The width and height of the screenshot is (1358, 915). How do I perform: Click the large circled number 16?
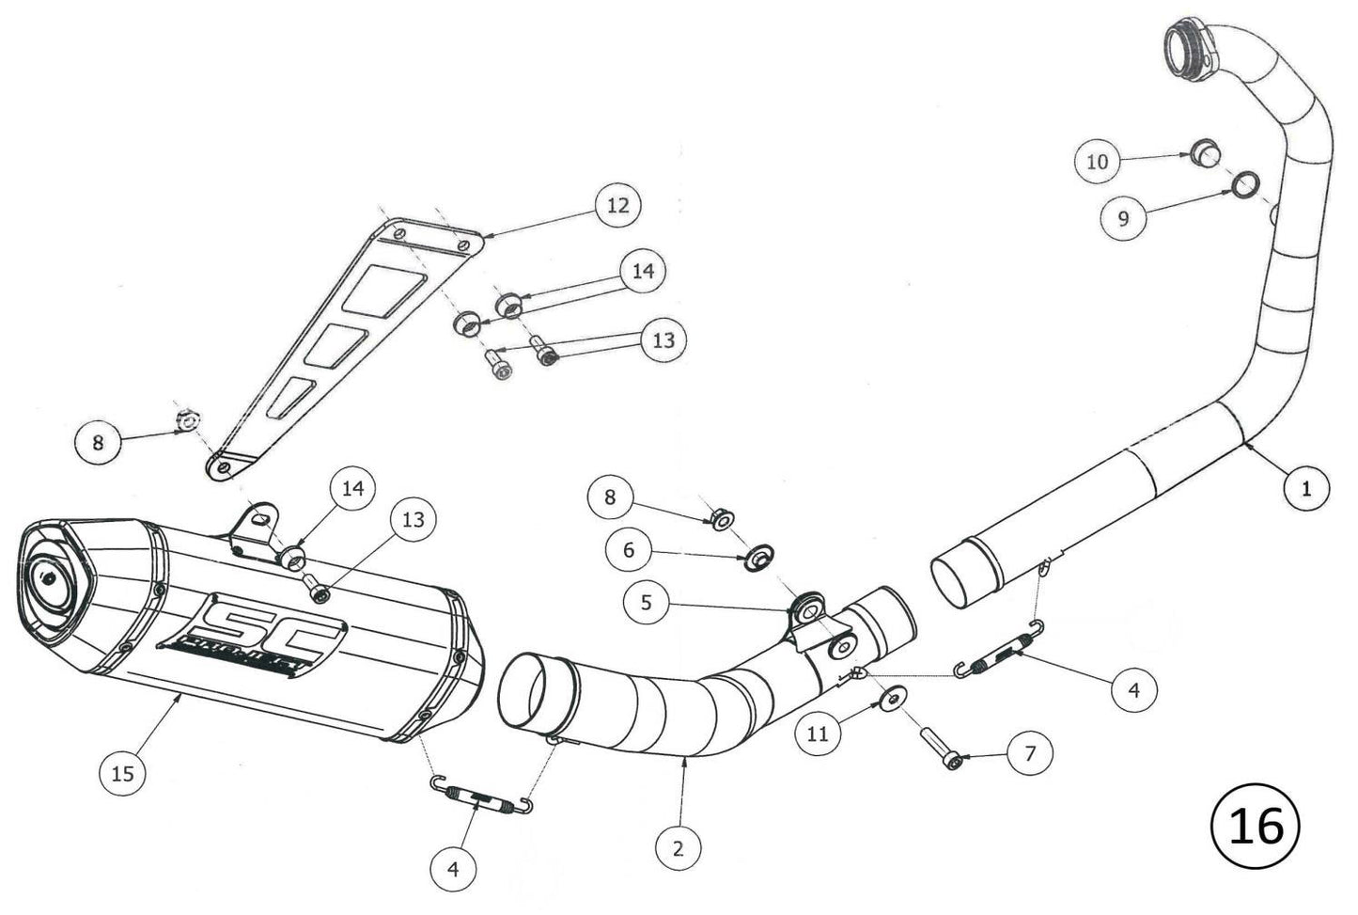(x=1256, y=826)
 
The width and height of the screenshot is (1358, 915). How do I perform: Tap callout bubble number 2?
(x=679, y=847)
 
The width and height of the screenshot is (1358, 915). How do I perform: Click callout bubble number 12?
(x=618, y=204)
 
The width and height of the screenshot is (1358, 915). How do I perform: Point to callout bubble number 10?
(x=1098, y=162)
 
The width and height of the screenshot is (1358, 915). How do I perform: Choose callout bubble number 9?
(x=1125, y=219)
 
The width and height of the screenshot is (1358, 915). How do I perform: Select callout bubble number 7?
(x=1030, y=752)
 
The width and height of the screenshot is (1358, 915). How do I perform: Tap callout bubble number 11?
(x=818, y=734)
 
